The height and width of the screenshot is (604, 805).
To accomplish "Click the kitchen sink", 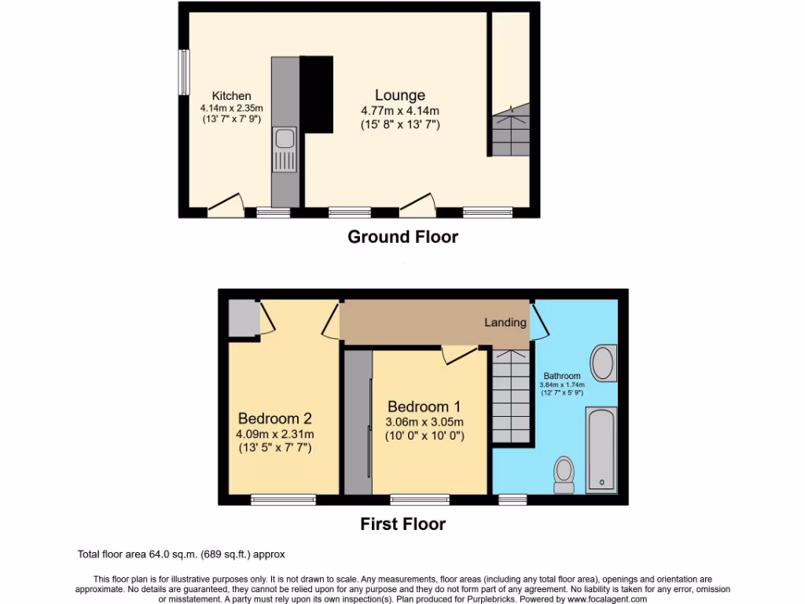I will coord(284,151).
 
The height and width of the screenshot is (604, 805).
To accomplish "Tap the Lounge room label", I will coord(399,95).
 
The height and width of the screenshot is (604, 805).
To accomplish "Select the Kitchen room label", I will coord(231,96).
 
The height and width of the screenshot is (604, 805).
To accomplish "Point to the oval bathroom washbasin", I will coord(604,363).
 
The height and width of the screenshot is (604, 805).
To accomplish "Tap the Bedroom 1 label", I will coord(424,407).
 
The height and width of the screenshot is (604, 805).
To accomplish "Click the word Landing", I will coord(505,322).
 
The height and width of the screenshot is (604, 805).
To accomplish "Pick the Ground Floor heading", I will coord(402,237).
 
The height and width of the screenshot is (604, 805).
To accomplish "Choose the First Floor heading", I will coord(402,524).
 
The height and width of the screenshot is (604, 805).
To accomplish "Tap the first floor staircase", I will coord(510,397).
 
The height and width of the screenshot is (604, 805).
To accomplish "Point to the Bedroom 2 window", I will coord(283,499).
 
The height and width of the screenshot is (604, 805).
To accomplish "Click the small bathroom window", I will coord(513,499).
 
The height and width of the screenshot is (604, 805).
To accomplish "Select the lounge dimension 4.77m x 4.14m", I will coord(399,111).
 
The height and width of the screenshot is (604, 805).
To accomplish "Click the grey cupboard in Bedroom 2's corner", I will coord(242,318).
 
